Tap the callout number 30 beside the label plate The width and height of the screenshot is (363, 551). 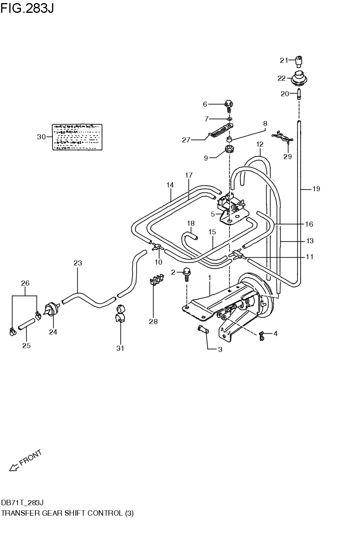(x=41, y=137)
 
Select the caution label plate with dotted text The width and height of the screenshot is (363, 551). (x=77, y=137)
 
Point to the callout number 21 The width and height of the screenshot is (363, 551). (x=284, y=60)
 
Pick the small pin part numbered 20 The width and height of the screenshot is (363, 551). (x=299, y=94)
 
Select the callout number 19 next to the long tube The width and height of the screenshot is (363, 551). (x=316, y=189)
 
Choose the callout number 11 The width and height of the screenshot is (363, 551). (x=309, y=256)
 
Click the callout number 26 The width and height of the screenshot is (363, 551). (x=25, y=283)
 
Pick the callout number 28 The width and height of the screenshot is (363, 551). (x=154, y=321)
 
